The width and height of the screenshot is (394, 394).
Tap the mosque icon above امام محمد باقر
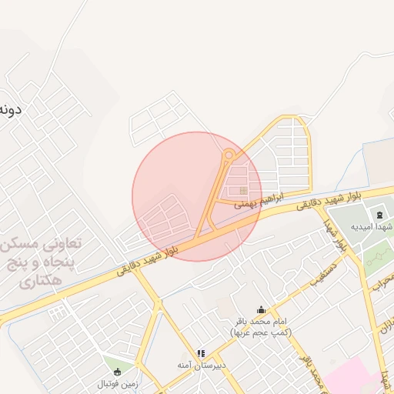(x=260, y=310)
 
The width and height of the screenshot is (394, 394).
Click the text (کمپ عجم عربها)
(x=259, y=332)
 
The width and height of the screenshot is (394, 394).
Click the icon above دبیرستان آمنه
(x=201, y=353)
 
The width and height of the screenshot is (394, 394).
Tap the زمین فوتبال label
(x=116, y=383)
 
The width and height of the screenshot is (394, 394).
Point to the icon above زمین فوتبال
(x=117, y=371)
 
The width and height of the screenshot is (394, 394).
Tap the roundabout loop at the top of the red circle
(x=228, y=157)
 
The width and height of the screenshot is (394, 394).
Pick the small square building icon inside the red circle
(x=243, y=190)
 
